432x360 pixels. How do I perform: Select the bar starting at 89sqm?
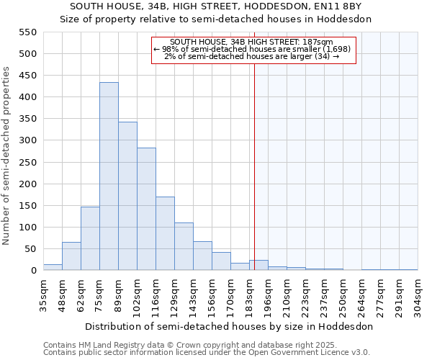[127, 196]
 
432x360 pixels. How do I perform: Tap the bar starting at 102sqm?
[146, 209]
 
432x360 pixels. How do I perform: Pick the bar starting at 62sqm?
[90, 238]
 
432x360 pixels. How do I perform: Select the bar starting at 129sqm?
[184, 246]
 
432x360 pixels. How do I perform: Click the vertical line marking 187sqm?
[254, 166]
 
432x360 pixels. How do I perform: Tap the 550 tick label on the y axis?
[27, 32]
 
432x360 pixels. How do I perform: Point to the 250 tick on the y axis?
[27, 162]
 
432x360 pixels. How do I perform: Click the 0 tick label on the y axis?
[33, 271]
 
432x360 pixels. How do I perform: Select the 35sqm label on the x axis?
[44, 293]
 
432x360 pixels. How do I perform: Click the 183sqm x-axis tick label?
[250, 293]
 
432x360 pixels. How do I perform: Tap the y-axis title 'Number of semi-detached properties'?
[7, 156]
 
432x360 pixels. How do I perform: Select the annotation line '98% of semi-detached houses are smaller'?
[252, 49]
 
